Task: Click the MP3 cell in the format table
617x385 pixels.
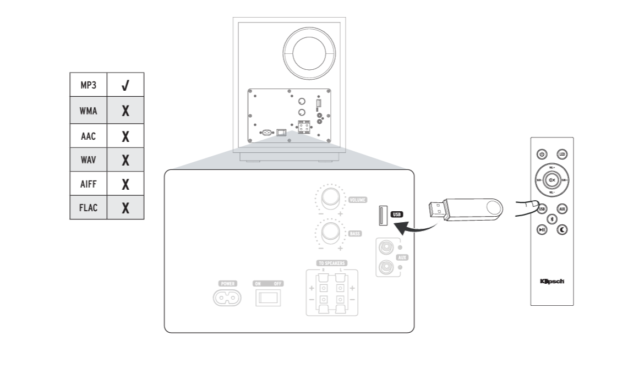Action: pos(89,85)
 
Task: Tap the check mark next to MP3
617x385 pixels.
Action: pos(125,85)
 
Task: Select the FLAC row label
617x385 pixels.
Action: pos(89,208)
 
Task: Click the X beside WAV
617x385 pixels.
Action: pos(125,160)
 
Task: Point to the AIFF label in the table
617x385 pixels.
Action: pos(89,184)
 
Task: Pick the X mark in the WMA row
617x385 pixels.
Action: pos(125,111)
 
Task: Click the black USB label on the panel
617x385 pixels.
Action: pos(397,214)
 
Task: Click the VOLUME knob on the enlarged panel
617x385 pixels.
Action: pos(330,197)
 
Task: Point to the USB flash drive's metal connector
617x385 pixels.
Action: pos(437,210)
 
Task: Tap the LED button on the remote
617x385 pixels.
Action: pos(562,155)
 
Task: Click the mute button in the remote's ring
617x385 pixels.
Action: pos(552,180)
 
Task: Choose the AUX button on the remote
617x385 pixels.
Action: pos(562,209)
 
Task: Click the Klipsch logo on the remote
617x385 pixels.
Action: pos(552,282)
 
